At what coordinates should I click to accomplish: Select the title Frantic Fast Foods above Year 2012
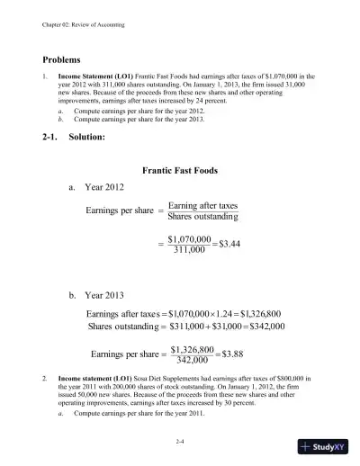pos(185,170)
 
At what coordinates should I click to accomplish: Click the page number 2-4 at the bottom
pos(180,444)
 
